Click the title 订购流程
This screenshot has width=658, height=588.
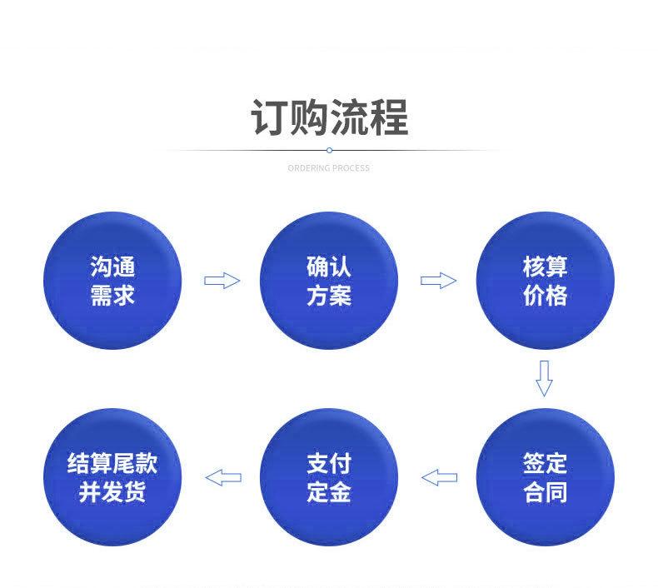click(x=329, y=117)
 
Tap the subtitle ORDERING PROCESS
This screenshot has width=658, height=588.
click(x=328, y=168)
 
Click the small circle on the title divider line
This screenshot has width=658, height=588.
click(x=329, y=150)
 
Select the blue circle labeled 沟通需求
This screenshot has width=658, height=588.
click(x=112, y=281)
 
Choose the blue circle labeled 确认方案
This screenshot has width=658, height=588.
click(x=329, y=281)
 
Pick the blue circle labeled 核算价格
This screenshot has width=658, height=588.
click(x=545, y=281)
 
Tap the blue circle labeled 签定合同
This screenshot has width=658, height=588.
click(x=545, y=477)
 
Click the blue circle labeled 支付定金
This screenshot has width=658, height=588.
click(x=329, y=477)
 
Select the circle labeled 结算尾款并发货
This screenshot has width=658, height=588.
click(x=112, y=477)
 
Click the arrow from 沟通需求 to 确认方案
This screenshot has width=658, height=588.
click(x=222, y=281)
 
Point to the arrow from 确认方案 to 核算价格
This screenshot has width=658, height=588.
click(x=438, y=281)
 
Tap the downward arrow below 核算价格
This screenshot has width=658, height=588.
click(x=544, y=378)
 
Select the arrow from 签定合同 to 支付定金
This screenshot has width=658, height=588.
click(x=439, y=477)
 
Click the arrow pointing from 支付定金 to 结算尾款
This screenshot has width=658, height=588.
click(x=222, y=477)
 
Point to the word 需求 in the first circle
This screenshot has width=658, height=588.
click(x=112, y=296)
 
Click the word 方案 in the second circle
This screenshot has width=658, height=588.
click(x=329, y=296)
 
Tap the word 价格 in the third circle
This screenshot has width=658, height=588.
click(x=545, y=296)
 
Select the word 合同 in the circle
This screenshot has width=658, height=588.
click(x=545, y=492)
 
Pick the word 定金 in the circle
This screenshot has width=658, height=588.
click(x=329, y=492)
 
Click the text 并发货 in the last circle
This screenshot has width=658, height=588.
click(x=112, y=492)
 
